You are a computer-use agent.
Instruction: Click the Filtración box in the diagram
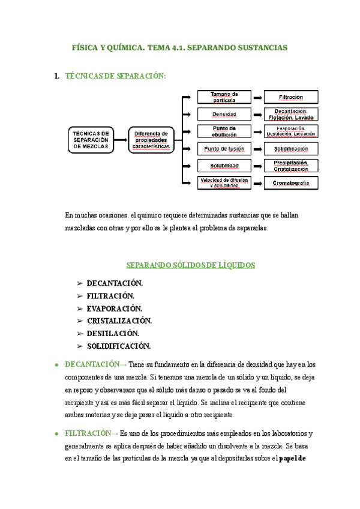(291, 97)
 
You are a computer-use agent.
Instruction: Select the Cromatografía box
(291, 182)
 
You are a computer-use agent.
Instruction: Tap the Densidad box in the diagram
(224, 114)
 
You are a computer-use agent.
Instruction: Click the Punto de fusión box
(224, 148)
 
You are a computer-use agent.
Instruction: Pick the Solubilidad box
(224, 166)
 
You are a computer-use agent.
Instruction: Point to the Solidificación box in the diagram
(291, 148)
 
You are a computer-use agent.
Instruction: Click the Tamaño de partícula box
(224, 97)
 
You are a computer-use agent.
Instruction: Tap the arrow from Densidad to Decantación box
(257, 114)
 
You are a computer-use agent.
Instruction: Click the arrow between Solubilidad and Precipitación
(257, 166)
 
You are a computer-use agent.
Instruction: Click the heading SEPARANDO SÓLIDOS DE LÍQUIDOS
(191, 265)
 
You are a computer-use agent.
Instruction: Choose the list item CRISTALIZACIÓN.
(119, 321)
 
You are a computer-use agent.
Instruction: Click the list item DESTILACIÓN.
(113, 333)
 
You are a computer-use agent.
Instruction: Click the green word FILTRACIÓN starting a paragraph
(88, 433)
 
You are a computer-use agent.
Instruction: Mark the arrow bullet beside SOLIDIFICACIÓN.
(79, 346)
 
